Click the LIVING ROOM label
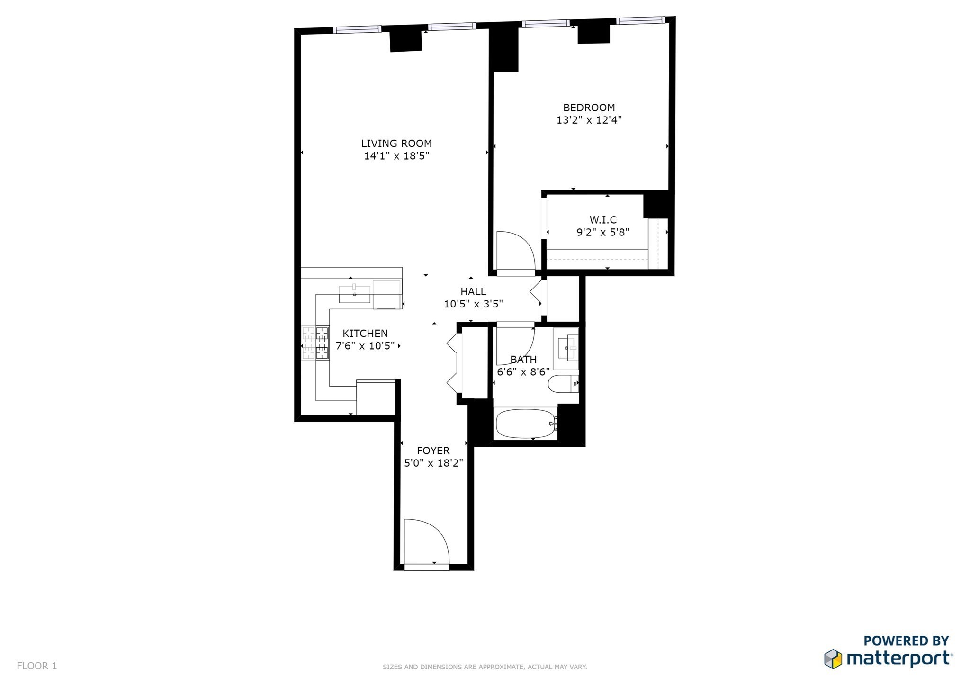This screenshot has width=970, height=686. pos(396,144)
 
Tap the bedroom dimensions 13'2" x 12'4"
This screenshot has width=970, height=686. pos(589,120)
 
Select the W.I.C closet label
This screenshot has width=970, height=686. pos(603,220)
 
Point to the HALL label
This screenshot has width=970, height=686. pos(473,292)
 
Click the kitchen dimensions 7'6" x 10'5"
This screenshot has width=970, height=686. pos(365,346)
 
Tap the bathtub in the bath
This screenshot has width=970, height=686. pos(525,424)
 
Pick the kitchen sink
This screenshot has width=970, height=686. pos(354,294)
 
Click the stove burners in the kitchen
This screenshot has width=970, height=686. pos(315,343)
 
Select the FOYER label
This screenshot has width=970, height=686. pos(433,451)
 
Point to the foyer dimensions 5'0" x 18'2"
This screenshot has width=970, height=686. pos(433,463)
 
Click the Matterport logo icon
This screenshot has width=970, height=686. pos(833,659)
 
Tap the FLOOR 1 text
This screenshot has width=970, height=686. pos(37,666)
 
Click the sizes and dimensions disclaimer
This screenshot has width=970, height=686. pos(485,667)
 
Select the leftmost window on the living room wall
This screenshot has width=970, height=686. pos(357,29)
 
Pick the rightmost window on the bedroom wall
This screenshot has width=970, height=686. pos(640,20)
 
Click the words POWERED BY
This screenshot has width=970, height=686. pos(906,641)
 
